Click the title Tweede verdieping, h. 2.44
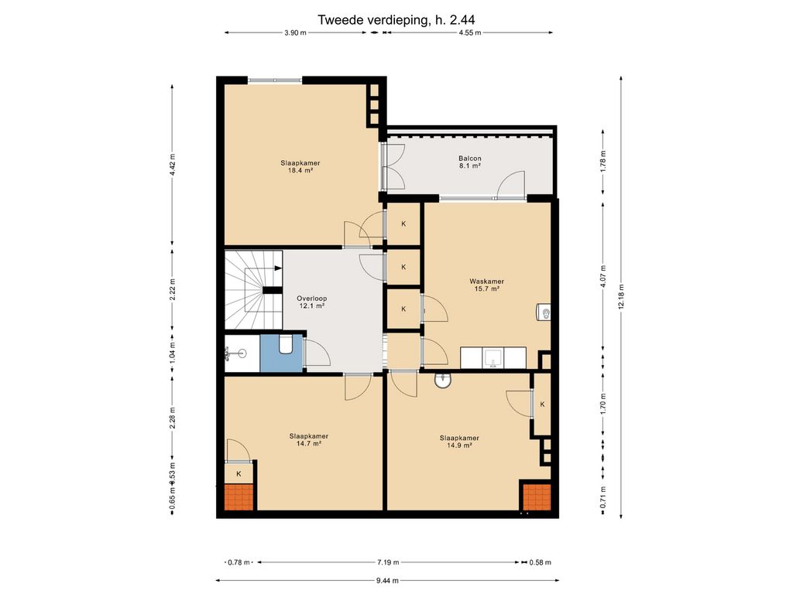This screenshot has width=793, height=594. [396, 19]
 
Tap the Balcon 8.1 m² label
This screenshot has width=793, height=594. [470, 162]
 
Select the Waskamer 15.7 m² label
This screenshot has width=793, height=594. [486, 285]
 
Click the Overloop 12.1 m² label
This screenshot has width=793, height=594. [311, 302]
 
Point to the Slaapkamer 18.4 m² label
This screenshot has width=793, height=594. [300, 167]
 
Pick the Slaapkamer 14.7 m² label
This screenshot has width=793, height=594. [309, 440]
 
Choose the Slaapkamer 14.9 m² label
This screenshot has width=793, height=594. [459, 442]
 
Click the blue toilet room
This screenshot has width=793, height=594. [282, 353]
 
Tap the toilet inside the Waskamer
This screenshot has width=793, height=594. [544, 313]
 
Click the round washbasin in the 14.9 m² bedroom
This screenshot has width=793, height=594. [443, 381]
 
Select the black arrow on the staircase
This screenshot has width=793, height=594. [278, 268]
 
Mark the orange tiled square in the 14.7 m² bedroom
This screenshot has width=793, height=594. [239, 497]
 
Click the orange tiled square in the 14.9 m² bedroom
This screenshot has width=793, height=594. [537, 497]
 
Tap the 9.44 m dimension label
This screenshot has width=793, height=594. [387, 580]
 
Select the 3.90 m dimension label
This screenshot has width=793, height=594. [295, 32]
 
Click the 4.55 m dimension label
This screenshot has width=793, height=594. [470, 32]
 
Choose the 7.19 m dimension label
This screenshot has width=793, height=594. [388, 562]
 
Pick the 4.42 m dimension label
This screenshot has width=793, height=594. [173, 164]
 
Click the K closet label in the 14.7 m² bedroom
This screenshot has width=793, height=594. [239, 474]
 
